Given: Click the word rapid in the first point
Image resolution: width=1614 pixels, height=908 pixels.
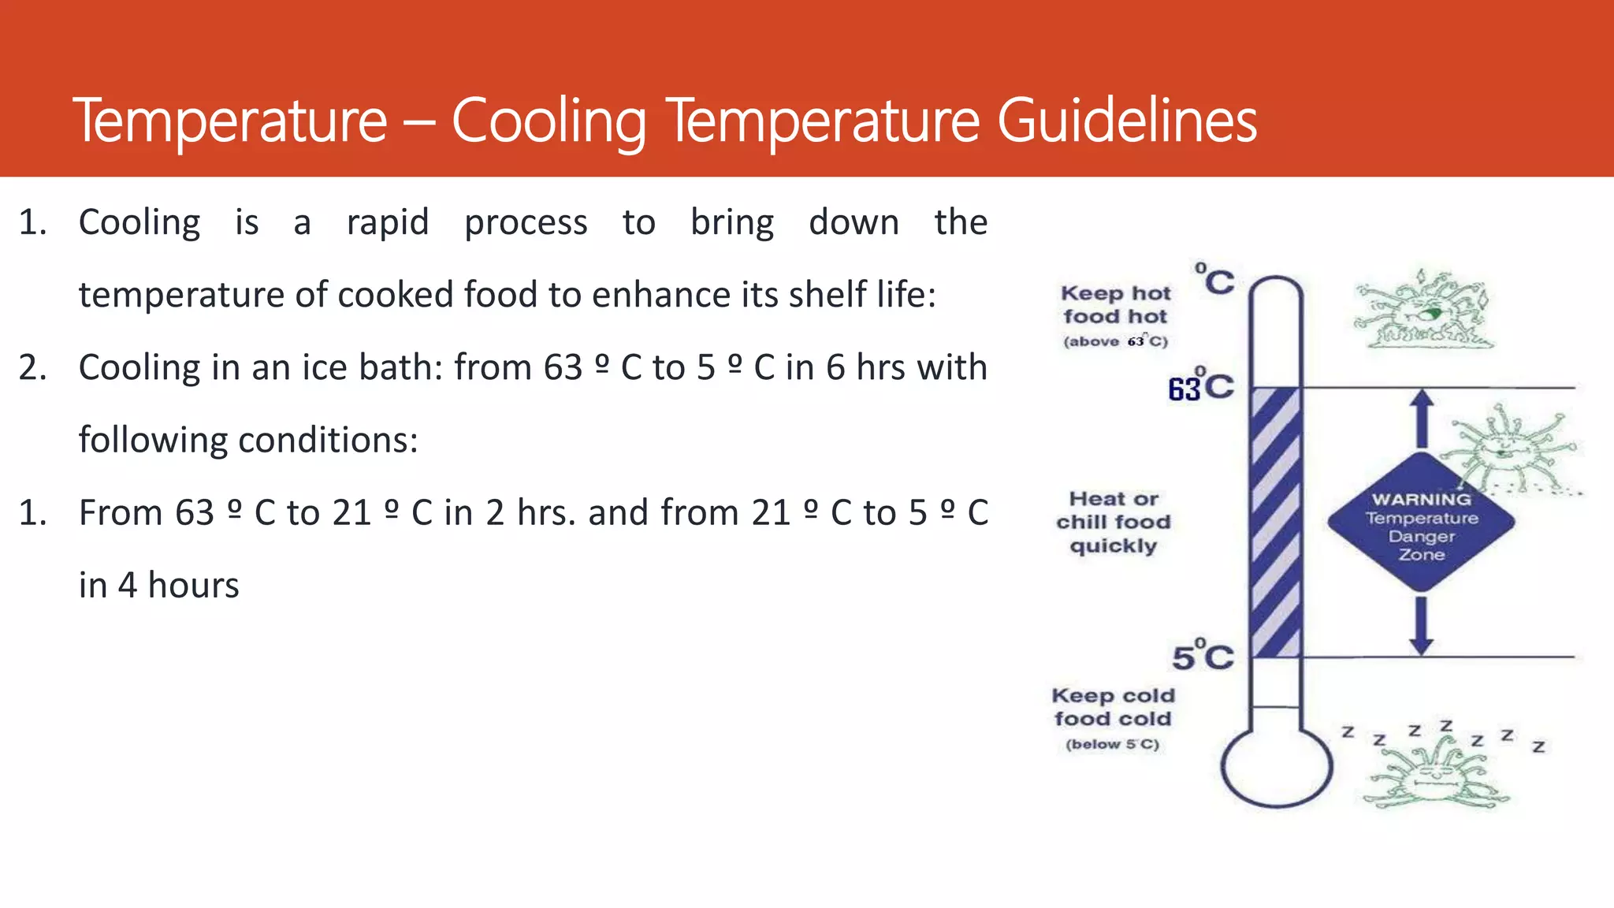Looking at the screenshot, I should click(x=388, y=223).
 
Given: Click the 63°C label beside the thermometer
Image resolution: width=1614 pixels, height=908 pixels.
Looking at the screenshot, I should click(x=1200, y=387).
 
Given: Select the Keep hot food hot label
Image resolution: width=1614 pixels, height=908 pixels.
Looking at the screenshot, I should click(x=1115, y=305).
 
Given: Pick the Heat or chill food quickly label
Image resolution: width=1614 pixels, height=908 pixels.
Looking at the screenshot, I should click(x=1114, y=522).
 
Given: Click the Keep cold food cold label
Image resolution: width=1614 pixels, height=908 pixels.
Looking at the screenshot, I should click(x=1113, y=707).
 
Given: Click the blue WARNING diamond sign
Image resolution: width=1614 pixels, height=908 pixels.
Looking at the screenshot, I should click(x=1421, y=524).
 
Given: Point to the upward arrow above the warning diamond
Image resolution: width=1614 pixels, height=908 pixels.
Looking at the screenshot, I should click(x=1422, y=418).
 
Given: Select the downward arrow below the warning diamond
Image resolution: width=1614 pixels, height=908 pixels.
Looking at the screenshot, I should click(x=1421, y=625).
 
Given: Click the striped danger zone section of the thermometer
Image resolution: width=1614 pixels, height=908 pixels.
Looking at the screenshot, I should click(x=1275, y=522).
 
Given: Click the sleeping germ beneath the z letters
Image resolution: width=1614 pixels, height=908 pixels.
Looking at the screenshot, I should click(x=1438, y=776).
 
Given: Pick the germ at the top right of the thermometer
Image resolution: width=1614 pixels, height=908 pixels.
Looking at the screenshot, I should click(x=1423, y=310).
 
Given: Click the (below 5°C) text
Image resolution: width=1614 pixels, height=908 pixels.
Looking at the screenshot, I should click(x=1112, y=744).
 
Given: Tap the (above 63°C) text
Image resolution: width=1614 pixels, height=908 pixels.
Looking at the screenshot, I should click(x=1115, y=341).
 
